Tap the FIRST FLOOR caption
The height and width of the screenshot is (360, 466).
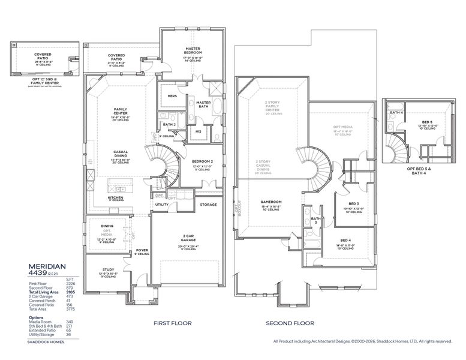point(173,323)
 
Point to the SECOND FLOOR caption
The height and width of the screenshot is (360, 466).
point(290,323)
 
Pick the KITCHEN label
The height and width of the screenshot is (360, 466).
point(115,196)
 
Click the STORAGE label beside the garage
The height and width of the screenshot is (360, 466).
point(209,205)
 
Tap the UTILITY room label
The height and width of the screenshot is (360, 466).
point(162,205)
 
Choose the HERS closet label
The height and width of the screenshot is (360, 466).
point(172,96)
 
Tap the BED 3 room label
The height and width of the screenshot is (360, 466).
point(353,203)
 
